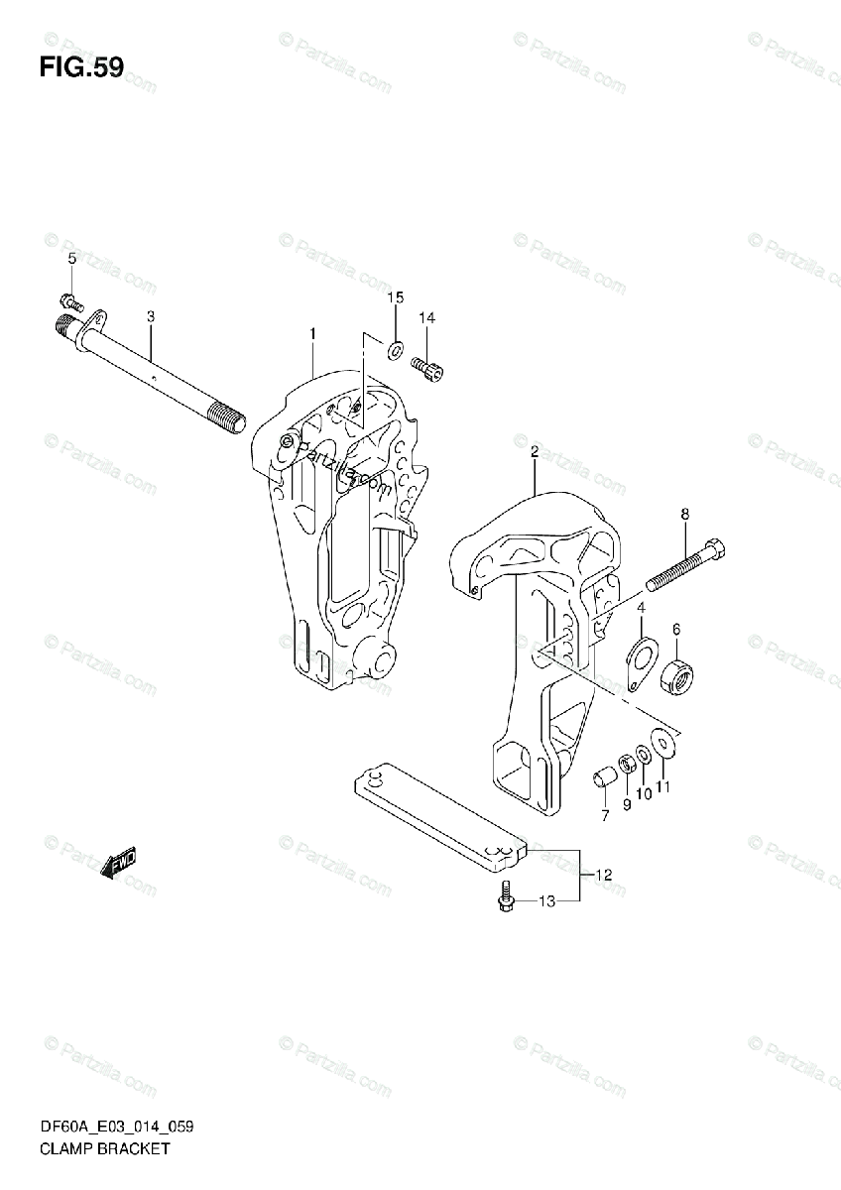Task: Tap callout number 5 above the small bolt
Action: [71, 259]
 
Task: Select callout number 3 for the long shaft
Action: [151, 317]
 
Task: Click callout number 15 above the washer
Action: [395, 297]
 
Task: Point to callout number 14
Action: [426, 318]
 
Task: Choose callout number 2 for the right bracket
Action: [534, 452]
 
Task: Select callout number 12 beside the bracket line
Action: [604, 874]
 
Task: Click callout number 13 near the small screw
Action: [545, 900]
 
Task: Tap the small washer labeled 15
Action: [395, 349]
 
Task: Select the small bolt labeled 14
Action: [429, 368]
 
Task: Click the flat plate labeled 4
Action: [641, 660]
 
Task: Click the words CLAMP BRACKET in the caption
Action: [105, 1149]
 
